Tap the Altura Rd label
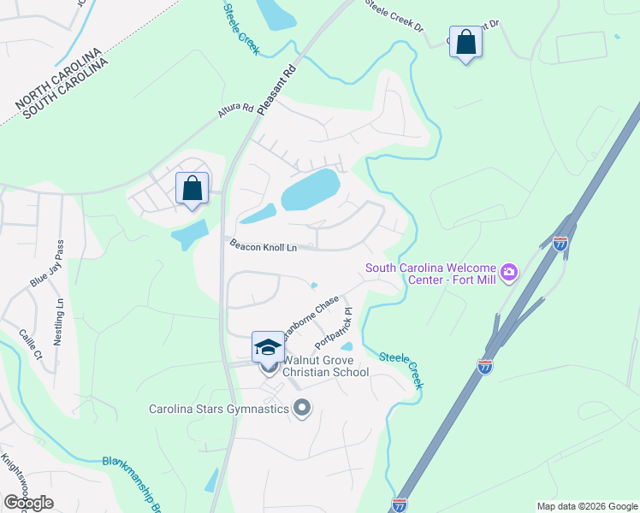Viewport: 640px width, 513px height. coord(236,110)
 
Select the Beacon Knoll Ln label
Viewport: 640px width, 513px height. coord(263,245)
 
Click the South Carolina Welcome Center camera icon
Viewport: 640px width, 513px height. coord(510,272)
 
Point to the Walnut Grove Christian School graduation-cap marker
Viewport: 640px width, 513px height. coord(268,347)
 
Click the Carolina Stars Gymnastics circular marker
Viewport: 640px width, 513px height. coord(301,408)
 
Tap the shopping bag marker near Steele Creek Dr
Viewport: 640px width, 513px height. coord(465,42)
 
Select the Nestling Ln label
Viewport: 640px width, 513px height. coord(59,321)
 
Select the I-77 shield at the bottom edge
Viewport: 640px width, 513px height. coord(400,504)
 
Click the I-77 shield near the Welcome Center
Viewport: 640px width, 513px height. coord(560,245)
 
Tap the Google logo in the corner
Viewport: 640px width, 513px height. coord(28,503)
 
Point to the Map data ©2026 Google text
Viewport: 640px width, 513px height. coord(587,506)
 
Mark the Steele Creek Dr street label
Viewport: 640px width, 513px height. coord(394,15)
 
